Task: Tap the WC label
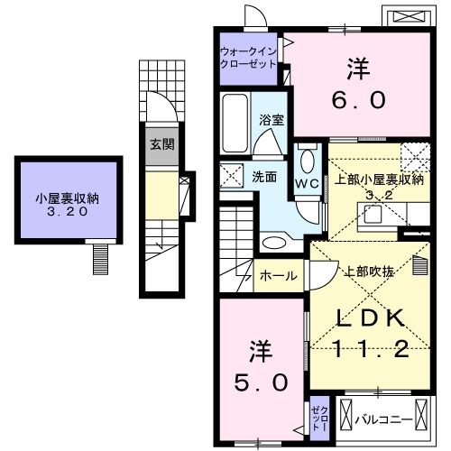pos(307,183)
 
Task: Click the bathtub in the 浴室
pos(235,123)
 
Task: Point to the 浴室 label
pos(272,120)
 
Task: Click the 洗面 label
pos(264,177)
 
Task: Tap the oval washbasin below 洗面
pos(273,243)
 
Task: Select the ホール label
pos(279,276)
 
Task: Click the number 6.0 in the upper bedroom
pos(359,100)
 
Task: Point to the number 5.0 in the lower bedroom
pos(262,382)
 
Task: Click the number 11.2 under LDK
pos(372,349)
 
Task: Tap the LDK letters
pos(370,318)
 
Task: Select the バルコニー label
pos(384,419)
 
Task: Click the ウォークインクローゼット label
pos(248,58)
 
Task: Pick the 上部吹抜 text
pos(369,272)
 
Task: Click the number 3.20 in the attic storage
pos(68,212)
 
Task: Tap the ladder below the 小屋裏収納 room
pos(100,259)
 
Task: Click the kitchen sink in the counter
pos(373,215)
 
